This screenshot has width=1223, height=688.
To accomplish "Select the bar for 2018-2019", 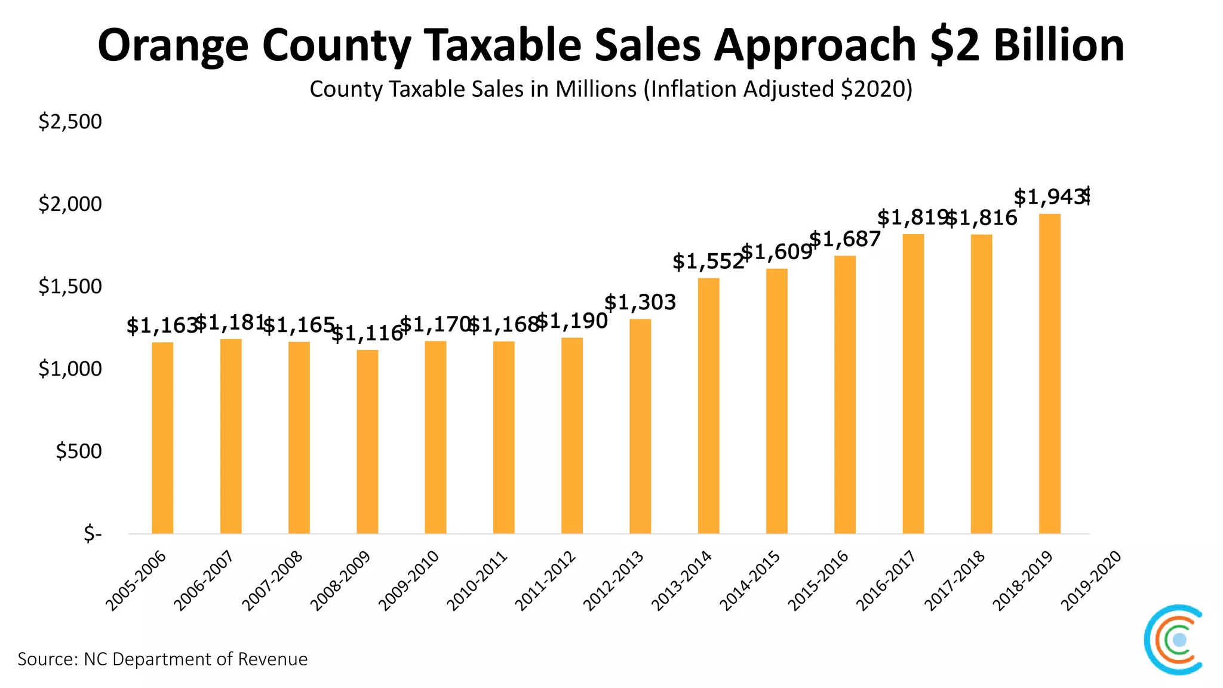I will click(1049, 373).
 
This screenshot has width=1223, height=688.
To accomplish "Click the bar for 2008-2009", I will click(367, 441).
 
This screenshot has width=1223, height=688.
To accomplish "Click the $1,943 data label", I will click(1049, 196).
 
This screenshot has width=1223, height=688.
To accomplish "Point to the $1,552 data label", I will click(708, 262).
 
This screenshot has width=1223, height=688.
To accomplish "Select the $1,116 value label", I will click(367, 333).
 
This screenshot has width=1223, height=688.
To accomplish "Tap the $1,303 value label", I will click(640, 302).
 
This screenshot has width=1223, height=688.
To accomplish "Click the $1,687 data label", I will click(845, 239).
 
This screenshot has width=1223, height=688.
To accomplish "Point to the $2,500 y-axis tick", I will click(70, 122).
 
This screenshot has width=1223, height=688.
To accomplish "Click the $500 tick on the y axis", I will click(78, 451).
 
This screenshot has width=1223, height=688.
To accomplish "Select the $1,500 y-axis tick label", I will click(70, 287).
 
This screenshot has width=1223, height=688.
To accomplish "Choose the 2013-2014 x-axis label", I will click(681, 580).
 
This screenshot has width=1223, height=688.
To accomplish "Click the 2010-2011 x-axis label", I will click(477, 580).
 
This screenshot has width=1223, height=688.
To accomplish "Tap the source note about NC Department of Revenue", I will click(162, 659).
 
